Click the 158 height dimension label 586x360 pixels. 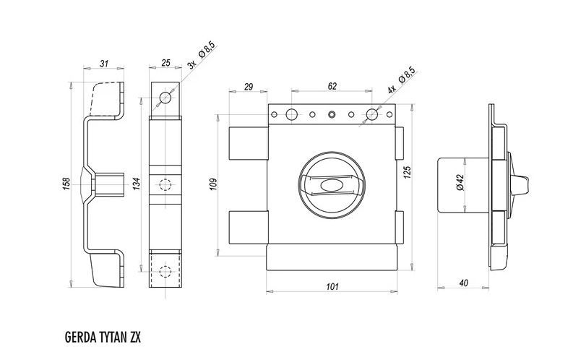(x=66, y=184)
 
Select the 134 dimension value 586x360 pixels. (x=137, y=184)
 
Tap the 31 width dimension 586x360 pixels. (x=104, y=64)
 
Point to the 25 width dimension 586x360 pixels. (x=165, y=63)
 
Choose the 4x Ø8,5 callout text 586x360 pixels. (x=401, y=80)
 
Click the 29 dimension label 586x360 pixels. (x=249, y=87)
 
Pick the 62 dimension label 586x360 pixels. (x=332, y=86)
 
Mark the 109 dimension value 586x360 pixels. (x=213, y=184)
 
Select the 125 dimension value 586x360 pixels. (x=408, y=172)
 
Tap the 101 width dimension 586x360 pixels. (x=332, y=287)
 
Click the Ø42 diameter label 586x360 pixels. (x=460, y=182)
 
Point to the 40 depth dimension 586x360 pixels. (x=463, y=283)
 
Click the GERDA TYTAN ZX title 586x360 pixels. (x=103, y=337)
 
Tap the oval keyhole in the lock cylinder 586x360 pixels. (x=331, y=184)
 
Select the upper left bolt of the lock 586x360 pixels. (x=248, y=144)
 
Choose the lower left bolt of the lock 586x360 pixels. (x=248, y=228)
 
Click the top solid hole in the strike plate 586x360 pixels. (x=165, y=98)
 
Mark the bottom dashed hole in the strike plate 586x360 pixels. (x=165, y=271)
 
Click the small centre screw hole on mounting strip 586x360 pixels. (x=332, y=114)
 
